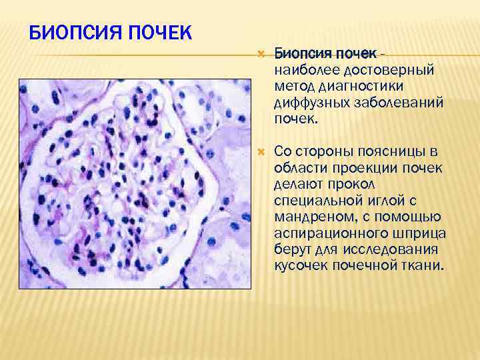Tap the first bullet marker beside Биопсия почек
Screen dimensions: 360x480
(x=260, y=52)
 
